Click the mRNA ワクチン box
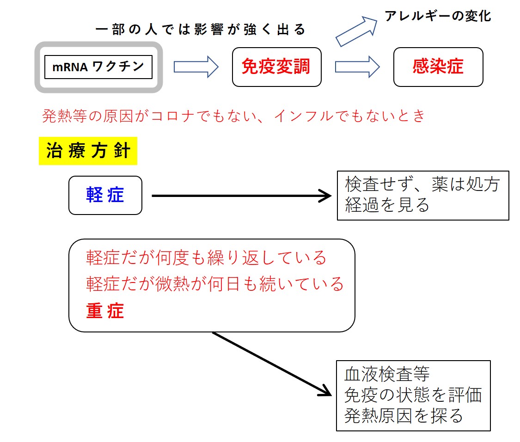tap(98, 67)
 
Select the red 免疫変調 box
tap(277, 67)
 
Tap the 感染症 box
tap(438, 67)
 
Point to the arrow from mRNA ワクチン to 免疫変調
tap(196, 67)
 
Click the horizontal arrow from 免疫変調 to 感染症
tap(357, 67)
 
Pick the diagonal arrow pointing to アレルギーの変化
tap(356, 31)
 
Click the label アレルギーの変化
tap(438, 16)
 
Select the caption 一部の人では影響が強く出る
tap(200, 30)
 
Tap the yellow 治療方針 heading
tap(88, 151)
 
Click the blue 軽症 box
tap(105, 195)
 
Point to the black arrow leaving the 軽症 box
tap(241, 196)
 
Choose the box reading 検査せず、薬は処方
tap(423, 196)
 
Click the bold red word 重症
tap(105, 311)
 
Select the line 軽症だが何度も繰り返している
tap(206, 258)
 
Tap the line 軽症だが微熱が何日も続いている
tap(214, 284)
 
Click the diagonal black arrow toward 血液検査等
tap(272, 364)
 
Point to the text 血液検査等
tap(387, 374)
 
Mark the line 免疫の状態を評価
tap(413, 395)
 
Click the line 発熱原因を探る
tap(404, 416)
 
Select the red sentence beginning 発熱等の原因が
tap(233, 116)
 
